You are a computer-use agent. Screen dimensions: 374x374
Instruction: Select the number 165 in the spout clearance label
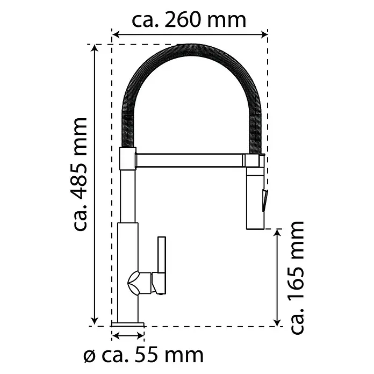pos(297,284)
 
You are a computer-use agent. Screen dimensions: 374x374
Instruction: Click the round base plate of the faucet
pos(128,324)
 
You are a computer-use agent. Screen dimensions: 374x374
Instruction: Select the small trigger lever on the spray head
pos(265,200)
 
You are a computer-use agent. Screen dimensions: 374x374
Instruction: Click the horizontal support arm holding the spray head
pos(190,160)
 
